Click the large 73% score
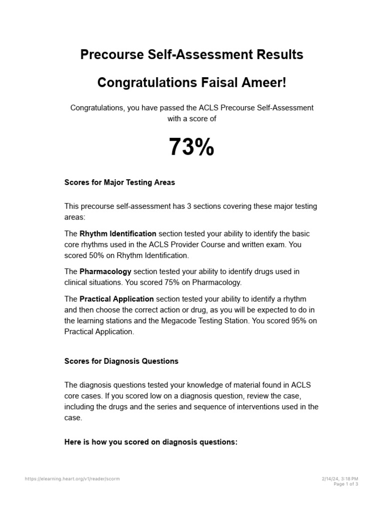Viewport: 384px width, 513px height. pos(191,147)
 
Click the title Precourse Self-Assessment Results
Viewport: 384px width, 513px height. pos(191,55)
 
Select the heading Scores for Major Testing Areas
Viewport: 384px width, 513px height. pos(119,182)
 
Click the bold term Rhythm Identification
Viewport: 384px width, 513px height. pos(118,233)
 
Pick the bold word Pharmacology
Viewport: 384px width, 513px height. pos(105,272)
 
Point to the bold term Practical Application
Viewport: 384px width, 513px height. pos(116,299)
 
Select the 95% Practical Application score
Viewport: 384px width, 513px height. pos(298,321)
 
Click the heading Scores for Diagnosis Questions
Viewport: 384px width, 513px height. pos(121,361)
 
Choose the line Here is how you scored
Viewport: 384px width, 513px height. pos(151,442)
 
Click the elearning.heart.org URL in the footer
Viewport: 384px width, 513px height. pos(72,479)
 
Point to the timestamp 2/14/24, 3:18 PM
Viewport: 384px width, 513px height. pos(340,479)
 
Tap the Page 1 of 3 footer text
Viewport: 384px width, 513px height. pos(346,484)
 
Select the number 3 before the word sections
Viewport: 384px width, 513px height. pos(189,206)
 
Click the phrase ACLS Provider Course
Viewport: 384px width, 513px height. pos(182,244)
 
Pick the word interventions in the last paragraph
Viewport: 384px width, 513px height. pos(262,407)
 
